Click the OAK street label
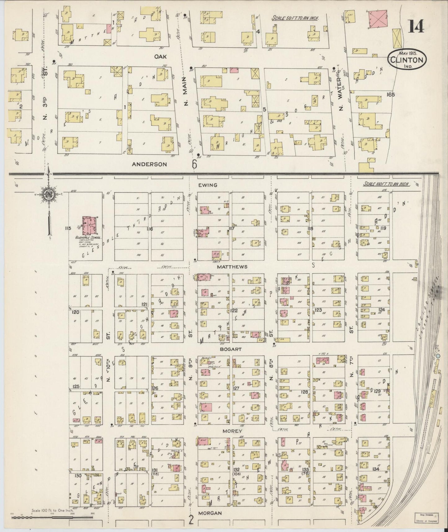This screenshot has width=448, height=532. tap(161, 56)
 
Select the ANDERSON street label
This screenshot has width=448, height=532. tap(149, 164)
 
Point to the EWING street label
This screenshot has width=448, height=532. tap(208, 185)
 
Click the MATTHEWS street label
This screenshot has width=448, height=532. tap(232, 267)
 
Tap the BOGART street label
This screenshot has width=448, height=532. tap(230, 349)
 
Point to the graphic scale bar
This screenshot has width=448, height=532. tap(53, 517)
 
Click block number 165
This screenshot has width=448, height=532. tap(391, 95)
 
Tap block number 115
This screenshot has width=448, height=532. tap(68, 228)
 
